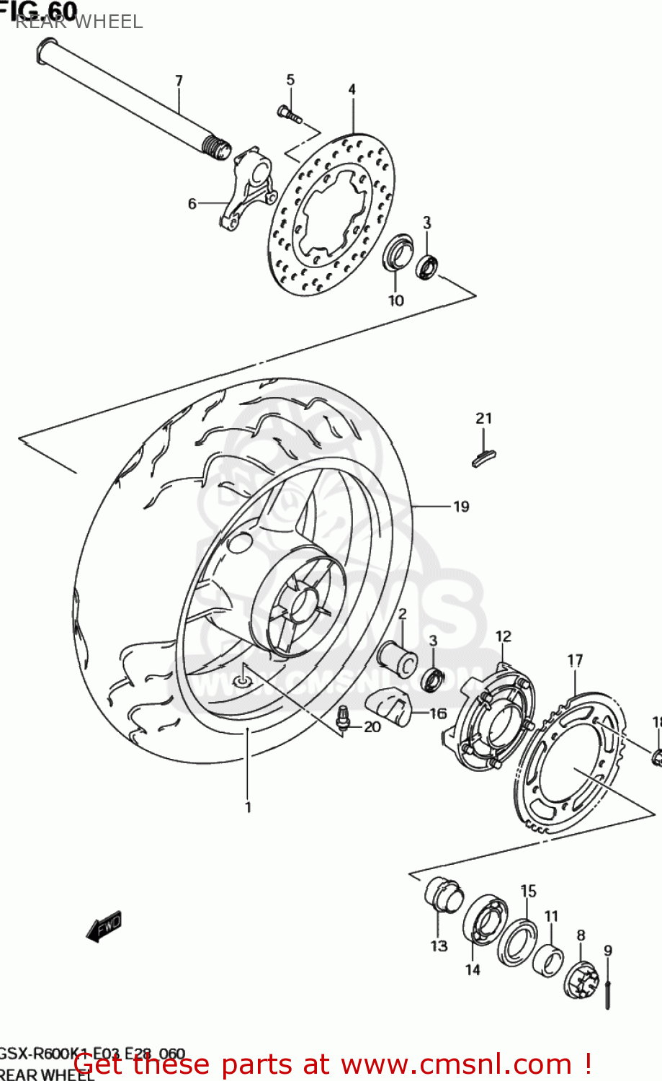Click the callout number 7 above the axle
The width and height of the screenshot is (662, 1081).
(x=179, y=80)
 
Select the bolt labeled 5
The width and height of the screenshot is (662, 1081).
(x=288, y=113)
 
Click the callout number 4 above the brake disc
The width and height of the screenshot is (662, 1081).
(x=352, y=89)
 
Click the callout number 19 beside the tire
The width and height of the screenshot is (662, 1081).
(x=461, y=507)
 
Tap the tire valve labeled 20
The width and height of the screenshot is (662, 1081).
(x=343, y=718)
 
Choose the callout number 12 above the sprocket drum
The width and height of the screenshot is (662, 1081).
(x=503, y=636)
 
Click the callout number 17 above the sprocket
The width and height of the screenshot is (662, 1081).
(x=575, y=660)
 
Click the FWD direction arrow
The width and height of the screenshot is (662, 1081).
(x=104, y=926)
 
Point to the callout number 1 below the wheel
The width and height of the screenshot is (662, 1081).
(x=248, y=807)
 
